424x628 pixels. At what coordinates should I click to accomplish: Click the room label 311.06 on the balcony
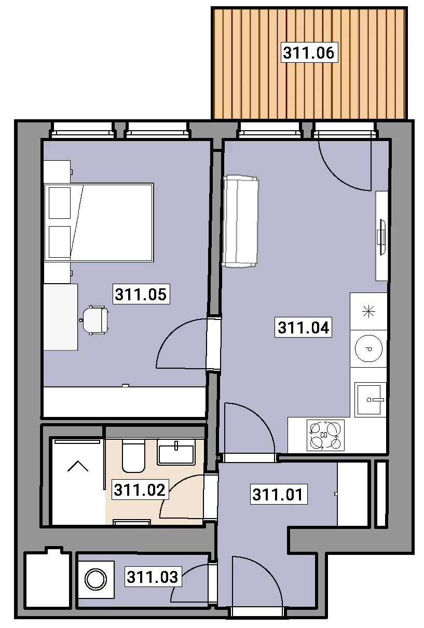tap(309, 52)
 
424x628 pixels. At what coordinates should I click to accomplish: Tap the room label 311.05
tap(141, 294)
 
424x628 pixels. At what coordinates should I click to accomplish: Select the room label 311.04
tap(303, 327)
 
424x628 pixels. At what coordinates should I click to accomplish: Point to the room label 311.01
tap(278, 494)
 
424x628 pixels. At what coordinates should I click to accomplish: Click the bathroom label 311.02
tap(140, 490)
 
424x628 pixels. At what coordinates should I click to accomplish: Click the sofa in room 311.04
tap(240, 221)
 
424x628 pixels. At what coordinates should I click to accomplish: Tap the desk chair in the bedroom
tap(95, 320)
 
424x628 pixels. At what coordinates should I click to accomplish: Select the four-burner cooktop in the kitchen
tap(325, 435)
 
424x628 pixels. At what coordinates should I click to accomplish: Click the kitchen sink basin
tap(370, 399)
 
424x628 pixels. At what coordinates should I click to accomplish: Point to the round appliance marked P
tap(368, 348)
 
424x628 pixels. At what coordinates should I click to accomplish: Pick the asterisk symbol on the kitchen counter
tap(368, 312)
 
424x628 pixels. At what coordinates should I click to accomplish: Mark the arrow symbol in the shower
tap(78, 466)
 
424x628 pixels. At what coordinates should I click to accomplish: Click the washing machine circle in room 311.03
tap(95, 579)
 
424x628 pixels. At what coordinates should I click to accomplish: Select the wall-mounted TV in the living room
tap(381, 237)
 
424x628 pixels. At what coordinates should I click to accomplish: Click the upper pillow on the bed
tap(60, 203)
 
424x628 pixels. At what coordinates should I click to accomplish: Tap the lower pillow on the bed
tap(60, 242)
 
